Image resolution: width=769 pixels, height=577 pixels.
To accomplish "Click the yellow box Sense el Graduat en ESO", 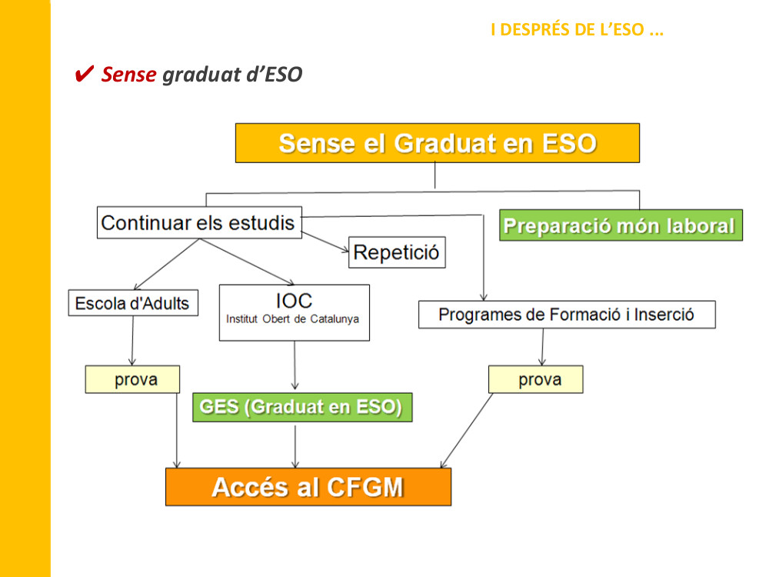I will point(437,143).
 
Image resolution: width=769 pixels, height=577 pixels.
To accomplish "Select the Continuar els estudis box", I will point(198,222).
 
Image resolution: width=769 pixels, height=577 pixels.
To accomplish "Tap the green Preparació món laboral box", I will point(620,226).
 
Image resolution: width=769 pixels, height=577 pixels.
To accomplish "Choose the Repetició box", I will point(397,252).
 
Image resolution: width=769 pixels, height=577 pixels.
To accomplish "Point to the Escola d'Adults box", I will point(132,303).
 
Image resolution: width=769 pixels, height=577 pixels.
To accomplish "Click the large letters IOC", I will point(294,300).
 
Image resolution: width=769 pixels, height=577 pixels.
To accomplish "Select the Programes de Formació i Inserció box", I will point(566,315).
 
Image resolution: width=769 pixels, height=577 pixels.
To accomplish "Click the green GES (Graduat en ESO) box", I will point(301,407).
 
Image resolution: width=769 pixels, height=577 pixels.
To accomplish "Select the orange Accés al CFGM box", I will point(308,487).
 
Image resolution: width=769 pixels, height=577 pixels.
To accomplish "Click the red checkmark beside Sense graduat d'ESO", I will point(85,75).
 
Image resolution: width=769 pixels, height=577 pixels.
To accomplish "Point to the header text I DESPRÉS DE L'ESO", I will point(577,31).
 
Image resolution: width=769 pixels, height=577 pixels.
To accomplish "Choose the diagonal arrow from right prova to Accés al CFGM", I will point(467,431).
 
